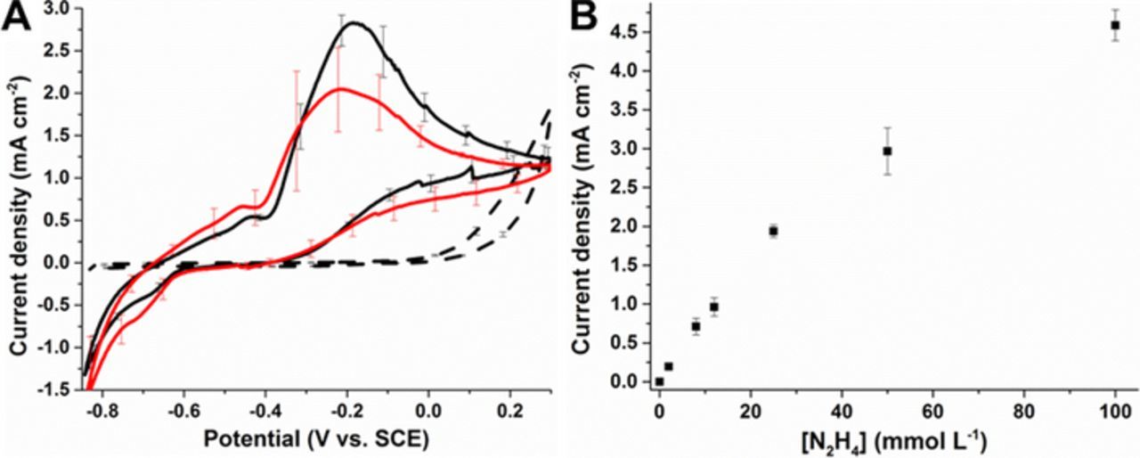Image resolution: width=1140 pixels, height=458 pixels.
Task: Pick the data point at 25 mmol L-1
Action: pos(773,231)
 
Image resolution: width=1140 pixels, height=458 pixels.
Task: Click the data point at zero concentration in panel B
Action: pos(659,381)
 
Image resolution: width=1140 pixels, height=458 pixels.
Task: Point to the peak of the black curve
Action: pos(354,23)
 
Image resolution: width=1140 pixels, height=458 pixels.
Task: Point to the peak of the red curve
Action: pos(339,89)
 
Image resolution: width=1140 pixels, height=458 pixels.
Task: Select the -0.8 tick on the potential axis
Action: pos(103,413)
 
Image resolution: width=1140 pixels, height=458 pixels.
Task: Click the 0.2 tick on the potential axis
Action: pos(509,413)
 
